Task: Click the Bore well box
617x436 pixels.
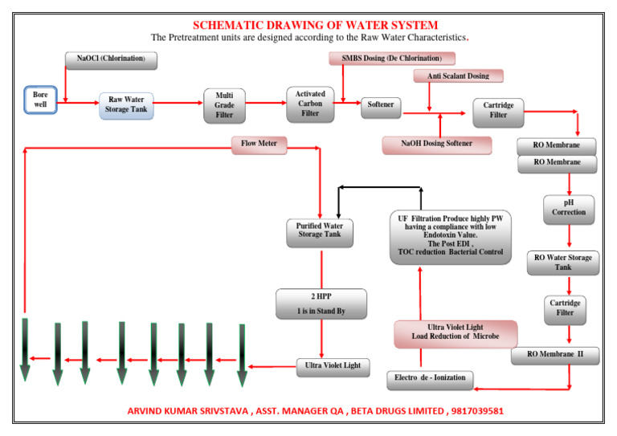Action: (40, 100)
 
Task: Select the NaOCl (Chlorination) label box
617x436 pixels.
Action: (111, 59)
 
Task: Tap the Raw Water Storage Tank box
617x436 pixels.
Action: (127, 104)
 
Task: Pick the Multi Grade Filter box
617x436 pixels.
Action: (224, 105)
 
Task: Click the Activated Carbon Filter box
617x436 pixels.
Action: (310, 104)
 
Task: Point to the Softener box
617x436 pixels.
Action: (381, 105)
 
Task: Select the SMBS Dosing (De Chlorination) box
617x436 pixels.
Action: (392, 59)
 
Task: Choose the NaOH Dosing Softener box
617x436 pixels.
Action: (436, 145)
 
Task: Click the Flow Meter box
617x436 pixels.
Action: (259, 145)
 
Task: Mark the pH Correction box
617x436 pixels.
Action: (569, 207)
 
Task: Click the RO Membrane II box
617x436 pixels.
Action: (555, 354)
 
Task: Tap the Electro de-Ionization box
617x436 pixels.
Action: (429, 377)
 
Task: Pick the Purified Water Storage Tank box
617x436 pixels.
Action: (320, 230)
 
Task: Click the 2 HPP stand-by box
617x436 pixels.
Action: (321, 304)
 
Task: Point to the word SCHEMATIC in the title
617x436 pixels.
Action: (232, 25)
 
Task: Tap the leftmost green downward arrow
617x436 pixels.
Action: (26, 349)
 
